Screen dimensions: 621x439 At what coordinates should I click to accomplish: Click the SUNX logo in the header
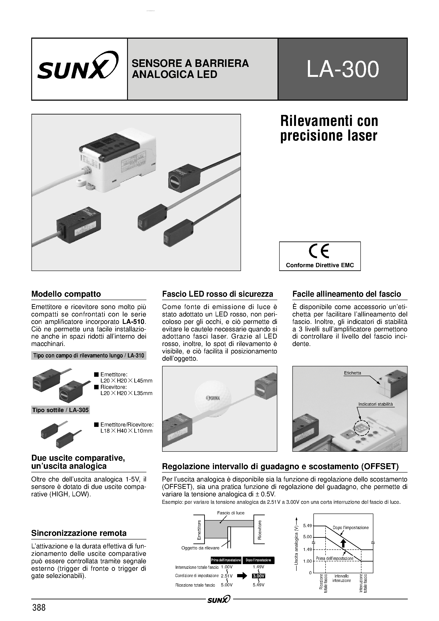78,66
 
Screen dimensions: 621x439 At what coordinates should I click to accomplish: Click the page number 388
39,607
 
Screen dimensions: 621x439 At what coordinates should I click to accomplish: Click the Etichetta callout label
352,373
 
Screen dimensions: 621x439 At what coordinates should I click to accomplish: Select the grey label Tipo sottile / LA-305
60,410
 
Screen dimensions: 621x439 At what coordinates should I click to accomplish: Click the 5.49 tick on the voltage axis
307,526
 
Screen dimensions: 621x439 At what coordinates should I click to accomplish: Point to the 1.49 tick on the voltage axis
307,549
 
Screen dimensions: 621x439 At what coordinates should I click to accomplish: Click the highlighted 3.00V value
258,576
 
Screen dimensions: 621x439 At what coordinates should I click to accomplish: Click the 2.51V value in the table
227,576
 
